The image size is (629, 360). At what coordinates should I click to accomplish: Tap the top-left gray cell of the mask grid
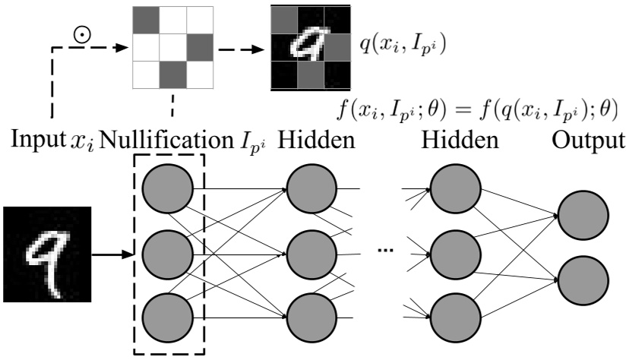(x=146, y=20)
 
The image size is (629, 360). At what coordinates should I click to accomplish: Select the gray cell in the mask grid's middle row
(x=199, y=47)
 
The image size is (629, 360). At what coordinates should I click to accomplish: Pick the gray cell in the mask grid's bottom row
(x=172, y=75)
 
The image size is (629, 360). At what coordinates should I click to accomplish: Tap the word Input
(x=32, y=141)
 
